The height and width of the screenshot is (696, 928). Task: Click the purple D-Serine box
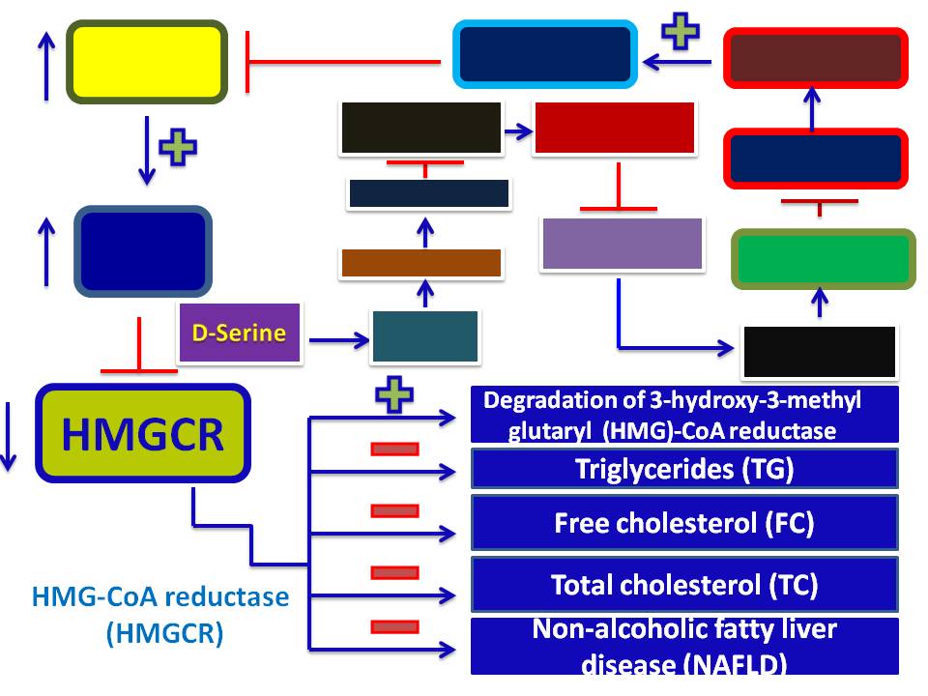tap(239, 333)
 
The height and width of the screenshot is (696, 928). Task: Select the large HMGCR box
tap(143, 434)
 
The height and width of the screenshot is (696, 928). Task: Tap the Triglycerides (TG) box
tap(684, 469)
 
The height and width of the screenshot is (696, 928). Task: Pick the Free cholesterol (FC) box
tap(684, 523)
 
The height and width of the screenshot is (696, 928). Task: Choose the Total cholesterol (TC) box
tap(684, 584)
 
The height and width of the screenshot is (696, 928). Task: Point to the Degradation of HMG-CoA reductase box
tap(684, 415)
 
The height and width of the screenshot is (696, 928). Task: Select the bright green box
tap(823, 258)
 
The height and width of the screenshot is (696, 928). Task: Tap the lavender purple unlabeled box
tap(622, 244)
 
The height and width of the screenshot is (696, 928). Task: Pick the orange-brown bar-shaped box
tap(420, 262)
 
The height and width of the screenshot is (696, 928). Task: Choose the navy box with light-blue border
tap(545, 54)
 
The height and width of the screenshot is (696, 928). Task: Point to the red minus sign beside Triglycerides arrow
tap(393, 449)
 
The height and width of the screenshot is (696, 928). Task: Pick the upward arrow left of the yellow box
tap(45, 64)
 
